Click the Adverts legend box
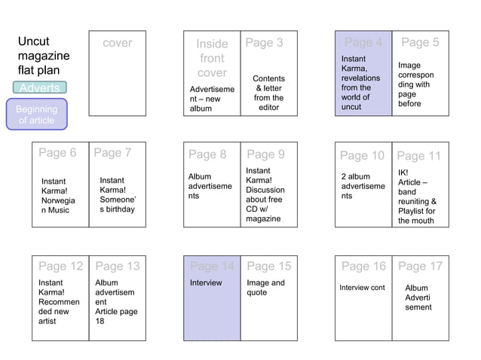point(39,88)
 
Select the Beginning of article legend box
point(36,114)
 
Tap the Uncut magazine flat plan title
point(44,56)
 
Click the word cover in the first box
point(117,43)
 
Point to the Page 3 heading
point(264,43)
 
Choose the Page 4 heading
point(363,43)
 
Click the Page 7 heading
point(112,153)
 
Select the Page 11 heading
point(418,156)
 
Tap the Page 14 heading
point(212,266)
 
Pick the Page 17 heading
point(420,266)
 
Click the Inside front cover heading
point(212,59)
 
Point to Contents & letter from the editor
point(268,93)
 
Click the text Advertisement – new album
point(211,99)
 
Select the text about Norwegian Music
point(58,196)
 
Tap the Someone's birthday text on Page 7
point(117,195)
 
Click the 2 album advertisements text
point(363,186)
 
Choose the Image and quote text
point(265,288)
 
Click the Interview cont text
point(362,288)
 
